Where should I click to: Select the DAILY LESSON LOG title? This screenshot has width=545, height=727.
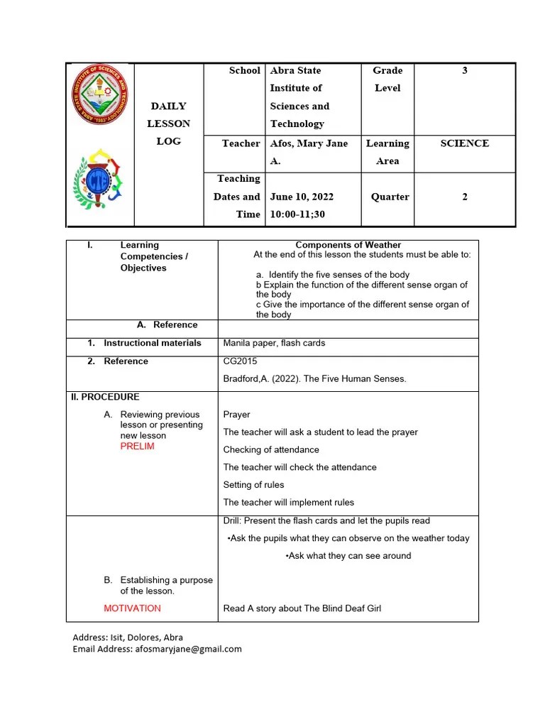pos(168,124)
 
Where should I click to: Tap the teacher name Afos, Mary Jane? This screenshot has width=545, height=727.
pos(309,143)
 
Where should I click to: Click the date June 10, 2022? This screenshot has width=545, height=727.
pos(302,197)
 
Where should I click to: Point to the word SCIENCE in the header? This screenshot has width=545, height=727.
pos(464,143)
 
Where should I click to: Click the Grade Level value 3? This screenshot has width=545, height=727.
pos(465,71)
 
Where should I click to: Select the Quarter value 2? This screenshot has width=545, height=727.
pos(465,197)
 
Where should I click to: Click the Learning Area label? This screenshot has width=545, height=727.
pos(387,152)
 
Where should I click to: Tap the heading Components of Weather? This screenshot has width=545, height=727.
pos(348,245)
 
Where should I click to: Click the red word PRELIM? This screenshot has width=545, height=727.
pos(137,447)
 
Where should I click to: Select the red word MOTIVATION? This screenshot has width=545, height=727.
pos(132,608)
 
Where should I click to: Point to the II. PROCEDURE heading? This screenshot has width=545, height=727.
pos(104,397)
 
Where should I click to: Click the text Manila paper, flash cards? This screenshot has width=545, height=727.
pos(274,343)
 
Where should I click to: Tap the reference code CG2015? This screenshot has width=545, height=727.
pos(240,361)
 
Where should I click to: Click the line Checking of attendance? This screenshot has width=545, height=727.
pos(271,449)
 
